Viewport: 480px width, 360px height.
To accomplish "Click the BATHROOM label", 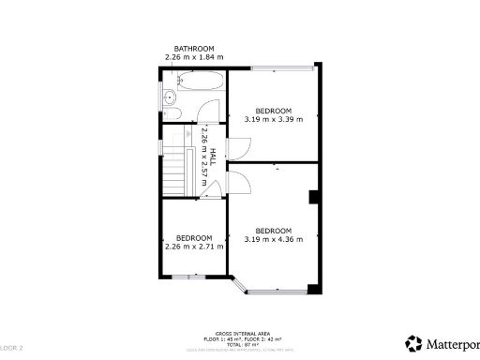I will point(194,49).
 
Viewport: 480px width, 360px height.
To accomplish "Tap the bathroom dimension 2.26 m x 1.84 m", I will point(194,58).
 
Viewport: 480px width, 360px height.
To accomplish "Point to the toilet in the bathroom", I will point(170,97).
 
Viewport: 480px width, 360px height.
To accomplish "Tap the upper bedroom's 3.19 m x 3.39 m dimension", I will point(274,119).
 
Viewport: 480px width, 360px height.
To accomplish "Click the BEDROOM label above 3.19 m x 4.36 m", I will point(274,231).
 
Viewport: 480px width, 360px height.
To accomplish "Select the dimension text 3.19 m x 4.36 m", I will point(274,240).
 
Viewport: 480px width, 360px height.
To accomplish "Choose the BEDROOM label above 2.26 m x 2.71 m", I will point(194,237).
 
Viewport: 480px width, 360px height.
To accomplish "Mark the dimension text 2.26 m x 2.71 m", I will point(194,247).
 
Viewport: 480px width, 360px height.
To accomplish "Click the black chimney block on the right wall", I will point(315,197).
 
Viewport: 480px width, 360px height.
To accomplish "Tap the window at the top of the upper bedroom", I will point(281,67).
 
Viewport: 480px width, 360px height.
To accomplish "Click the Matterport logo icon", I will point(413,343).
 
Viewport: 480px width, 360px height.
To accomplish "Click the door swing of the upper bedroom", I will point(240,148).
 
